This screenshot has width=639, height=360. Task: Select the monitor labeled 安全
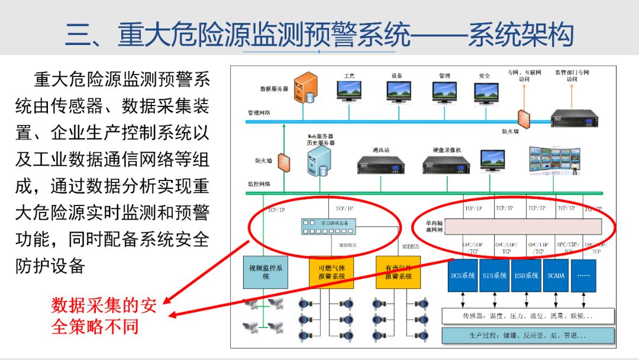[485, 92]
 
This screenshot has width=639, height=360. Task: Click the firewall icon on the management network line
[523, 117]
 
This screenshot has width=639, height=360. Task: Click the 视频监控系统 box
[266, 272]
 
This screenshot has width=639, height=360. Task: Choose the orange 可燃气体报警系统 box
[331, 272]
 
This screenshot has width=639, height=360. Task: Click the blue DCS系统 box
[463, 275]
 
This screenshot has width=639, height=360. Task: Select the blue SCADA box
[556, 275]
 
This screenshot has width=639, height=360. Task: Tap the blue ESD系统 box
[525, 275]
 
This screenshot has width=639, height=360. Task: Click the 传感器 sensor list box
[528, 316]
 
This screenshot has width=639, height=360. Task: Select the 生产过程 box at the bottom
[528, 336]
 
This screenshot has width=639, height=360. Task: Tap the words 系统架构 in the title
[521, 35]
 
